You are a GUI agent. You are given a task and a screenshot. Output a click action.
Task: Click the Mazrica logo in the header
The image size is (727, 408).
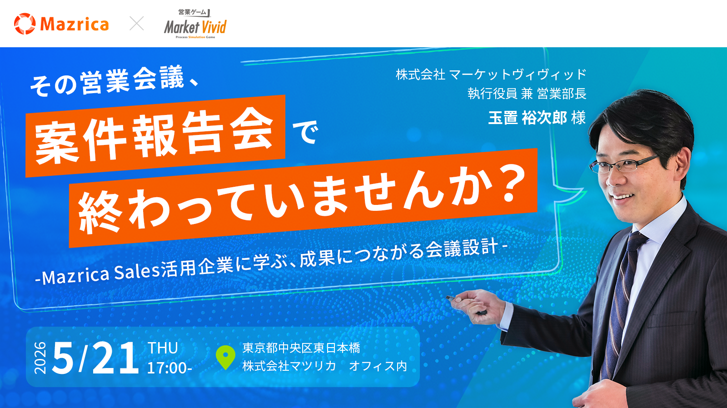click(x=61, y=24)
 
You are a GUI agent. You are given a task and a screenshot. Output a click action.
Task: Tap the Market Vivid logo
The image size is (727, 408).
click(x=195, y=24)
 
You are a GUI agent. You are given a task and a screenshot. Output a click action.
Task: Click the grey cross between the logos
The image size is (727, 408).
click(x=137, y=23)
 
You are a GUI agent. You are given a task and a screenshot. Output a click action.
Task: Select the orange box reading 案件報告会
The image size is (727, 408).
click(x=155, y=136)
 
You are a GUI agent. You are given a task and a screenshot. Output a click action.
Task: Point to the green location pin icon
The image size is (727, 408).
click(x=225, y=358)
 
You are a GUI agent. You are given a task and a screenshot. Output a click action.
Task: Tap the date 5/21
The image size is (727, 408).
click(x=95, y=358)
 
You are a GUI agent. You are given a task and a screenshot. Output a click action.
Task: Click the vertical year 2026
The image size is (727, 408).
click(x=40, y=358)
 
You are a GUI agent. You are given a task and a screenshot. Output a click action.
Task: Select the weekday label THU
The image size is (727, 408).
click(x=163, y=348)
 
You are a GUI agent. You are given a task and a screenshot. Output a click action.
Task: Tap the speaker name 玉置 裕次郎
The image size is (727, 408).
click(x=528, y=118)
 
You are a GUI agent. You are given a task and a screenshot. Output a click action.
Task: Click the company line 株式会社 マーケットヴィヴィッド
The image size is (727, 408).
click(x=491, y=75)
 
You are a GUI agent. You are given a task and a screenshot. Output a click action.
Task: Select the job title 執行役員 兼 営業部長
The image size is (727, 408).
click(x=527, y=94)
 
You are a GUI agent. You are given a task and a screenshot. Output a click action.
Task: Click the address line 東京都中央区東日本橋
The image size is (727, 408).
click(x=301, y=348)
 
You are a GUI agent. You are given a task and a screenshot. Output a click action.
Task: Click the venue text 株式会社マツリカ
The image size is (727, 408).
click(x=289, y=366)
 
